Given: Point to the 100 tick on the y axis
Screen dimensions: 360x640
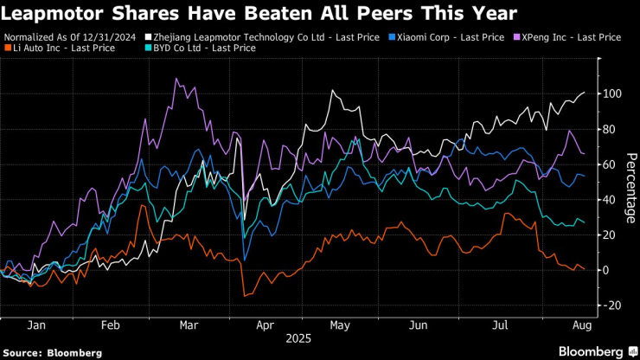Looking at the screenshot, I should point(613,93).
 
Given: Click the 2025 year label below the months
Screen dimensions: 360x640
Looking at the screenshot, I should point(298,339).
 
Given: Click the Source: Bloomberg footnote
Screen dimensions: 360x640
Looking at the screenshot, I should point(52,353).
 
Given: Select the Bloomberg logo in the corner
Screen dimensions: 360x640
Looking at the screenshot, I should point(593,351).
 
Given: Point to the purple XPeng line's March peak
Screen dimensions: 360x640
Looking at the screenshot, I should point(176,79).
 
